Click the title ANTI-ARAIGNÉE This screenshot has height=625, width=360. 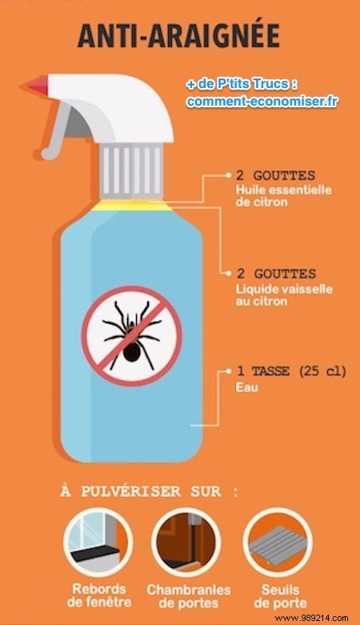coord(179,36)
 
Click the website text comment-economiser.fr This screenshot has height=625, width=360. coord(261,102)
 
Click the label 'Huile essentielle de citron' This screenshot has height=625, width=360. coord(272,196)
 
